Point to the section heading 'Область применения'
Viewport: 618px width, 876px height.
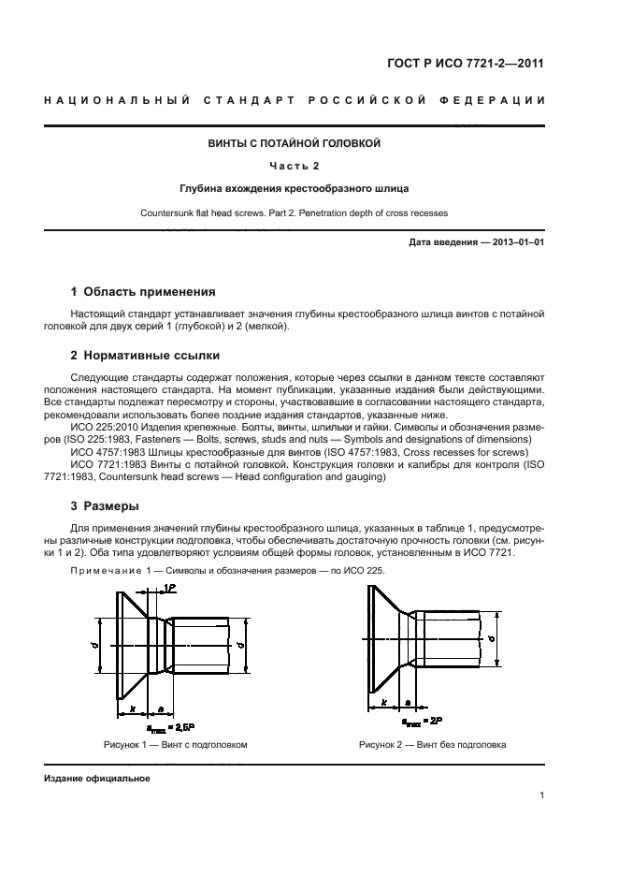[x=150, y=291]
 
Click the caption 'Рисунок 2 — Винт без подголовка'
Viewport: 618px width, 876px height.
[x=432, y=745]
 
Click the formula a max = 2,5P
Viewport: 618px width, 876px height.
[x=171, y=725]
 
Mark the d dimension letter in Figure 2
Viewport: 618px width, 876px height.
[x=492, y=640]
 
